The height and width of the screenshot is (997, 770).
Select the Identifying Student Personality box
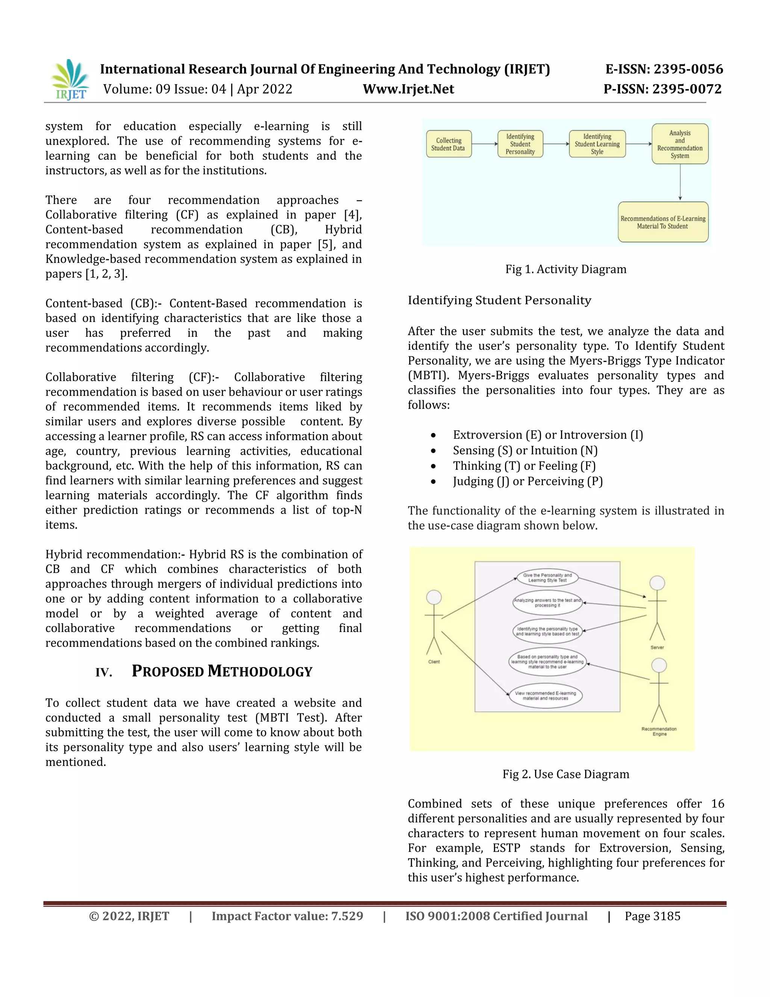click(x=520, y=144)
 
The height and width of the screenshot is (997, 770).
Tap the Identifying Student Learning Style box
click(x=597, y=144)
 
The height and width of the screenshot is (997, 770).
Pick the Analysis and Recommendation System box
click(x=680, y=144)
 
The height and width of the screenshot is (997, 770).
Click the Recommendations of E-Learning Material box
click(x=663, y=222)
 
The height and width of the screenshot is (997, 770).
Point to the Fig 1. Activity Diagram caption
click(x=565, y=269)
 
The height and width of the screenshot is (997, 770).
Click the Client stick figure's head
click(x=434, y=597)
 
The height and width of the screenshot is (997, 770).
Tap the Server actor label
click(x=657, y=647)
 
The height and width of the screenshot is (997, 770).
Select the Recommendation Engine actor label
click(x=659, y=731)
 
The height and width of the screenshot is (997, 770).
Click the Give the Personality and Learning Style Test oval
click(x=547, y=578)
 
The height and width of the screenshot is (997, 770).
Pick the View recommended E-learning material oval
click(x=546, y=696)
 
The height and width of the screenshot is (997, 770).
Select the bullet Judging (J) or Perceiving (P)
click(x=528, y=482)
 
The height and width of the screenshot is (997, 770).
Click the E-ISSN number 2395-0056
click(x=688, y=69)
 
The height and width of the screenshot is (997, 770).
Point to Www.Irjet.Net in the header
click(x=408, y=89)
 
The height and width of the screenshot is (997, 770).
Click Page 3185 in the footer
click(x=652, y=916)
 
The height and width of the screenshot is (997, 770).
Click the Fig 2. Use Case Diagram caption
click(x=565, y=774)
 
